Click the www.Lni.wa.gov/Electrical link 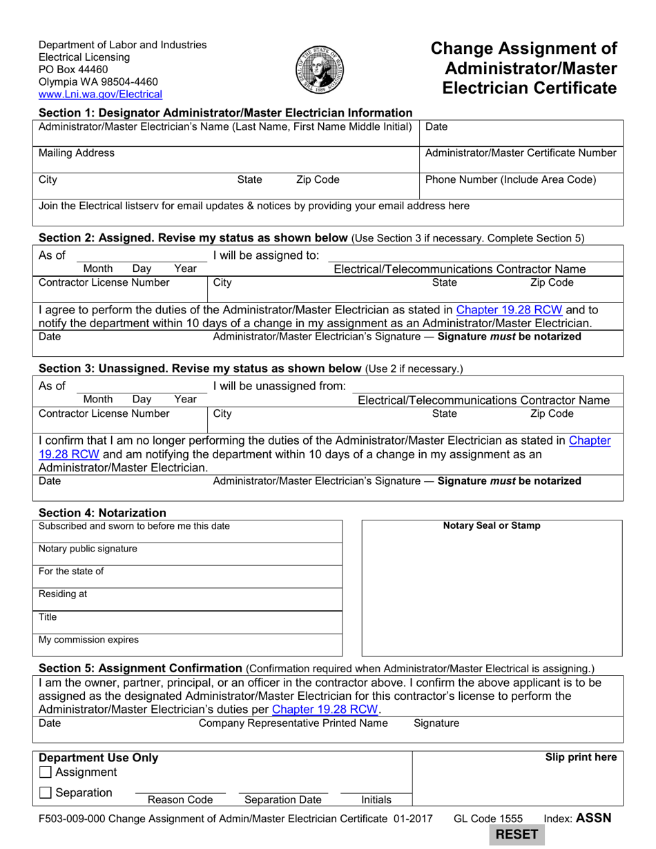point(100,95)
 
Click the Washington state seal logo point(320,70)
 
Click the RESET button point(516,834)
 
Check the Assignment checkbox point(46,772)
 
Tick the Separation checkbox point(46,794)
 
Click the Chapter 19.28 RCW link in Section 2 point(510,310)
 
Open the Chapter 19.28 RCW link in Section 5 point(325,709)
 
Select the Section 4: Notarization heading point(102,513)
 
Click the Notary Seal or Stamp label point(492,526)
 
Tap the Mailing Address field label point(77,153)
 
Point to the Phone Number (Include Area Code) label point(510,180)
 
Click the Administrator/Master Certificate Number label point(521,153)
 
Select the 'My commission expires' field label point(88,640)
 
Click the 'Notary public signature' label point(88,549)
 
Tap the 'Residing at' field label point(63,594)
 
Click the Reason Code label point(180,800)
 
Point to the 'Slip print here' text point(581,758)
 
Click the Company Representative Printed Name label point(293,723)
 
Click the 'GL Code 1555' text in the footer point(488,819)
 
